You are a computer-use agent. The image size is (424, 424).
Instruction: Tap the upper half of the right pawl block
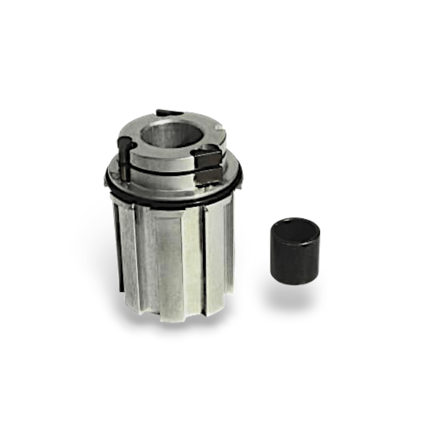click(x=209, y=159)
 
